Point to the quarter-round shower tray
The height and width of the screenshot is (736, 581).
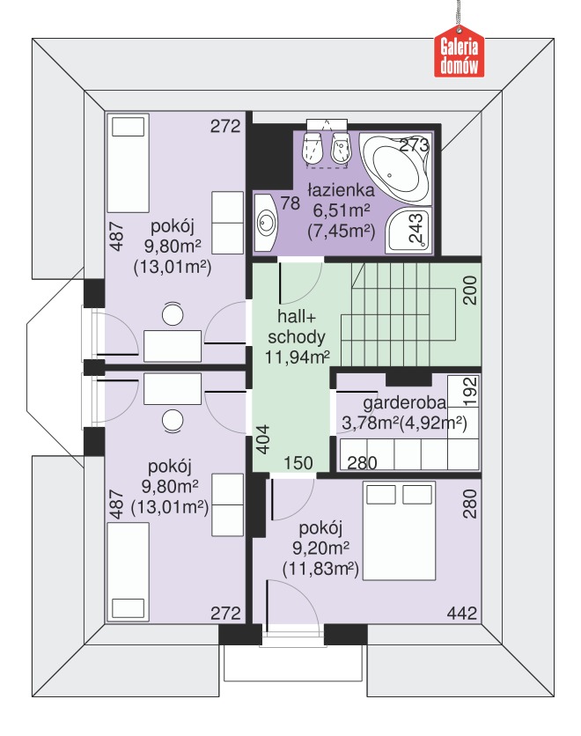click(408, 230)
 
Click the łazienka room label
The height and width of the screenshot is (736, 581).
click(342, 190)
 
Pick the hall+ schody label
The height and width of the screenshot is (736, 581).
click(297, 327)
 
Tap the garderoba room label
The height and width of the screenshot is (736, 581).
click(405, 402)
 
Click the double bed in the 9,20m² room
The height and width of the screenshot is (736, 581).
click(400, 530)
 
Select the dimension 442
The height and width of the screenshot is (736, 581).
click(462, 613)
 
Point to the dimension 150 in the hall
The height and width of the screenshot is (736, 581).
click(298, 463)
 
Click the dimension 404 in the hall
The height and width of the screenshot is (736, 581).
click(263, 439)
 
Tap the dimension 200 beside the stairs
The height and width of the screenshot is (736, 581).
click(470, 291)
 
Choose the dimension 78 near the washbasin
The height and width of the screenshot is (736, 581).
click(290, 203)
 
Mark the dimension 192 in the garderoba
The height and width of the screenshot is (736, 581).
click(470, 392)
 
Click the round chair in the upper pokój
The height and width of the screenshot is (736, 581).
click(173, 314)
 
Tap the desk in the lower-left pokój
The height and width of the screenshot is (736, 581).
click(173, 388)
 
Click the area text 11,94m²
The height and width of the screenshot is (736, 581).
click(297, 357)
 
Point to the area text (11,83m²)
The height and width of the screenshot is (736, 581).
click(320, 569)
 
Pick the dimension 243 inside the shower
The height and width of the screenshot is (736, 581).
click(416, 228)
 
